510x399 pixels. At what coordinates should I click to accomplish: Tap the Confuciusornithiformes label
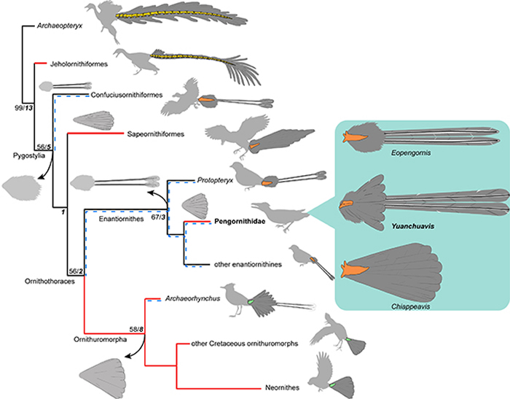click(x=130, y=96)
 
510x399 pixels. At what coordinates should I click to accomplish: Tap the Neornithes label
click(x=221, y=387)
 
